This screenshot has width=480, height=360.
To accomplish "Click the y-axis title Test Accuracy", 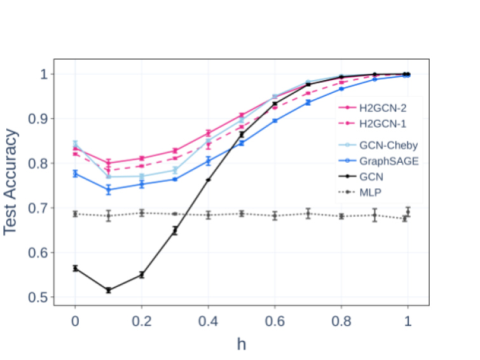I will point(11,182).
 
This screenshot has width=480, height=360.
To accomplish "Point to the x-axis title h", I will point(241,344).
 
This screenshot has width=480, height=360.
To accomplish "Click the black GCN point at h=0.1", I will point(108,290).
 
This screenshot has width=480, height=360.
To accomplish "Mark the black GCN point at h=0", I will point(75,268).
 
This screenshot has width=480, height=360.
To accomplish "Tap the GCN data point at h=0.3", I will point(175,230).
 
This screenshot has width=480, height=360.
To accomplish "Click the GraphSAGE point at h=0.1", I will point(108,190).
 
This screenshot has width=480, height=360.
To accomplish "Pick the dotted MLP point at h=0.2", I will point(141,212).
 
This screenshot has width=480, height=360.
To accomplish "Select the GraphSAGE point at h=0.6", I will point(275,121).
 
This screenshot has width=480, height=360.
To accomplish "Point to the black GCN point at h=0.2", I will point(141,275).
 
